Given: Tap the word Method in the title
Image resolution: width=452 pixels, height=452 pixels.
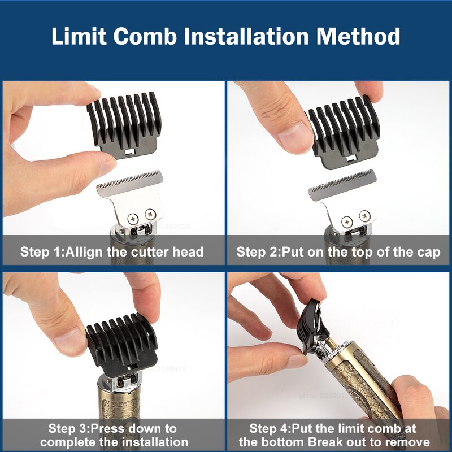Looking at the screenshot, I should click(358, 37).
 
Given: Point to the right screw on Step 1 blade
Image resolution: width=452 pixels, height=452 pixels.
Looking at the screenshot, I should click(150, 214).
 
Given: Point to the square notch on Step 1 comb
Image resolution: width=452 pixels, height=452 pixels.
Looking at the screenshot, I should click(130, 152).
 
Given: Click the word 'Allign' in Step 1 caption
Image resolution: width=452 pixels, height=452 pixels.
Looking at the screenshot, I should click(85, 252).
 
